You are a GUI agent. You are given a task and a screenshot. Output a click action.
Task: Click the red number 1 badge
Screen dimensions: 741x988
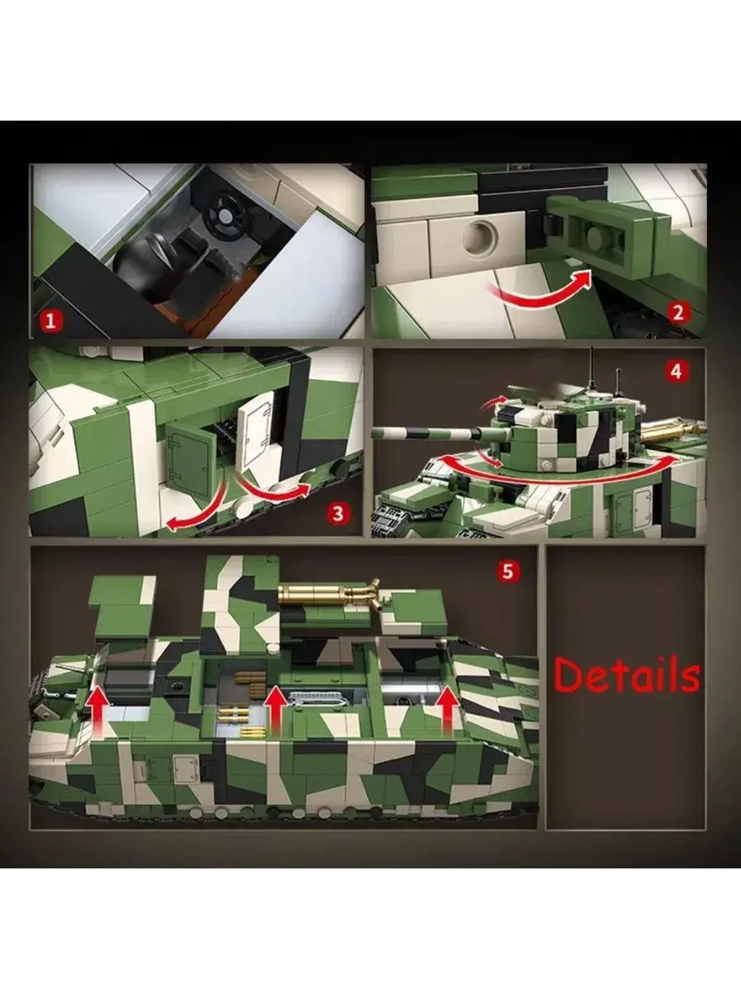[x=51, y=322]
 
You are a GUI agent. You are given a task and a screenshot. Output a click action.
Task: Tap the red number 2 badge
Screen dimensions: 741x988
[x=678, y=313]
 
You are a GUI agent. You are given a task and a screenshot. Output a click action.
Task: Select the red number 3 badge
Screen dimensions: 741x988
[x=339, y=514]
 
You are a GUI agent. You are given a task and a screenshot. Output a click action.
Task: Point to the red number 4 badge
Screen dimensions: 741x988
[x=677, y=372]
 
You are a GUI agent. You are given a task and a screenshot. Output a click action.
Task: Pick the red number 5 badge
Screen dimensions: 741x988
[x=508, y=571]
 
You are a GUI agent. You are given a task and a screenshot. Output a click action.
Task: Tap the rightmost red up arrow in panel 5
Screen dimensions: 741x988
[x=448, y=712]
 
